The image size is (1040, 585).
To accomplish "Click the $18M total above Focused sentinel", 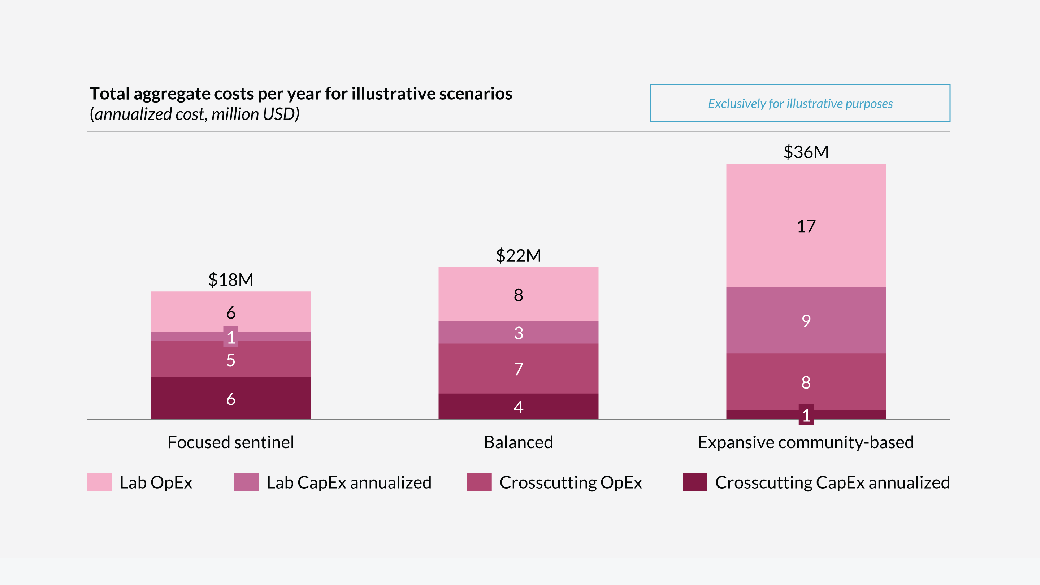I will coord(230,279).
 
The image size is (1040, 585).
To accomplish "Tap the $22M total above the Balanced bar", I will coord(519,255).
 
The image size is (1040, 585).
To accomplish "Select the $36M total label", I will coord(806,152).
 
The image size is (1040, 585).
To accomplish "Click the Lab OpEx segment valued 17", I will coord(806,226).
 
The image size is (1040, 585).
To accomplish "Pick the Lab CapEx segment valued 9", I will coord(806,321).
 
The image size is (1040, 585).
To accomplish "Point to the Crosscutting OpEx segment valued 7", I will coord(519,369).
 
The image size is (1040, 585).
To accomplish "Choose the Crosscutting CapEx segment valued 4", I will coord(519,407).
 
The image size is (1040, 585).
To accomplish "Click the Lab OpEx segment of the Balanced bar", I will coord(519,294).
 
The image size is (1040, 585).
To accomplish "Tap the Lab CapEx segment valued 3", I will coord(519,333).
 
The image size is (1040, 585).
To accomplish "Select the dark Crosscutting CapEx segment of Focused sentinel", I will coord(230,398).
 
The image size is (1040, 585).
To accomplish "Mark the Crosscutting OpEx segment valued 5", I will coord(230,360).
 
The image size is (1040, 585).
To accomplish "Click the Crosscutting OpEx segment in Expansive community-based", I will coord(806,382).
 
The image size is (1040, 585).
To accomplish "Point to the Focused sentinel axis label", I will coord(230,442).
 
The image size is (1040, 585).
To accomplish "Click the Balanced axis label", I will coord(519,442).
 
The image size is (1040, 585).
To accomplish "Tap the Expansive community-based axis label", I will coord(806,442).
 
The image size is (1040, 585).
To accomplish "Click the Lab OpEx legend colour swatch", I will coord(99,482).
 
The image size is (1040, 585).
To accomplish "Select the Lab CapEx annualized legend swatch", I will coord(246,482).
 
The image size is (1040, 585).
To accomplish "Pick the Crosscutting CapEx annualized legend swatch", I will coord(695,482).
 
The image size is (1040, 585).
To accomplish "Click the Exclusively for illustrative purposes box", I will coord(800,103).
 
